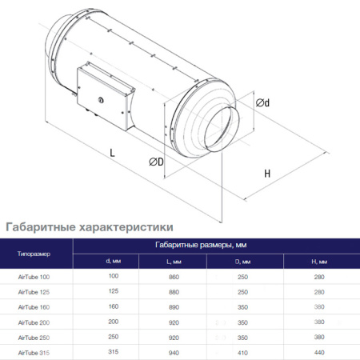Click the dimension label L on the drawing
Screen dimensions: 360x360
tap(111, 151)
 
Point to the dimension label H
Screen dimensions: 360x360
tap(267, 174)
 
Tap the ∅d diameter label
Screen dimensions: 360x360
tap(262, 102)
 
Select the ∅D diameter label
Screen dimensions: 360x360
tap(156, 162)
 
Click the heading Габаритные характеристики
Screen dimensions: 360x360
tap(88, 228)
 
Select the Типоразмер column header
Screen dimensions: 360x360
tap(34, 253)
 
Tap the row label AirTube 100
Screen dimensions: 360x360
tap(34, 276)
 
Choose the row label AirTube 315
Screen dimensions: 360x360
tap(34, 352)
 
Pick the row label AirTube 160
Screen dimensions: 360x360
tap(34, 306)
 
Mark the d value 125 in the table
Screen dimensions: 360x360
tap(114, 291)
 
